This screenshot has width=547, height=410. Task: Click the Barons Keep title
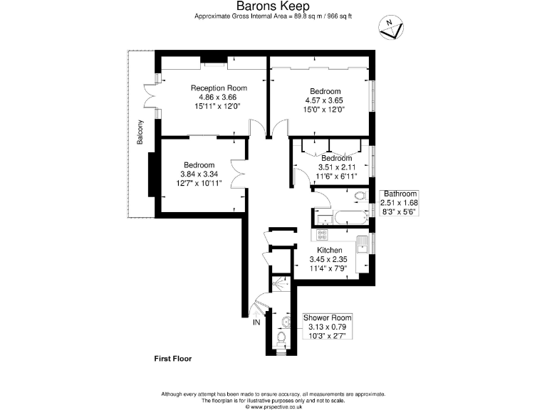coord(273,6)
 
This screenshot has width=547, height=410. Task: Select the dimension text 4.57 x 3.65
coord(325,100)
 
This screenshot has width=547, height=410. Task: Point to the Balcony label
coord(140,132)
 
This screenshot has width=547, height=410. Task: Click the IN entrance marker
coord(256,322)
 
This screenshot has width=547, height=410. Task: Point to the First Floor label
coord(173,359)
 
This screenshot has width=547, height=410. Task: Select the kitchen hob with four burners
coord(322,235)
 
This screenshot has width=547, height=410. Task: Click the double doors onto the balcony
coord(150,98)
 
